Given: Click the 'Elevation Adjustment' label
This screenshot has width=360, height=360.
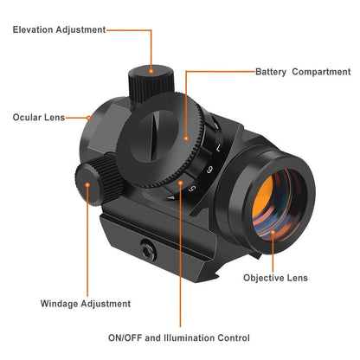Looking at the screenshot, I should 59,29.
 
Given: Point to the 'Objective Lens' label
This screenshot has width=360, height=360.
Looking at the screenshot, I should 274,278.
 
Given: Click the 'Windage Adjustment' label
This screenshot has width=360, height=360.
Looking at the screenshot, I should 86,304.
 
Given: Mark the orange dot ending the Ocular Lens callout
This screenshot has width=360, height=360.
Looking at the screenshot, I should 89,117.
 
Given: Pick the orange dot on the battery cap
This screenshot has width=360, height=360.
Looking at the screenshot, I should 185,137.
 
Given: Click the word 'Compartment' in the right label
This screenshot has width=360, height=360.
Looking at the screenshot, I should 321,72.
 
